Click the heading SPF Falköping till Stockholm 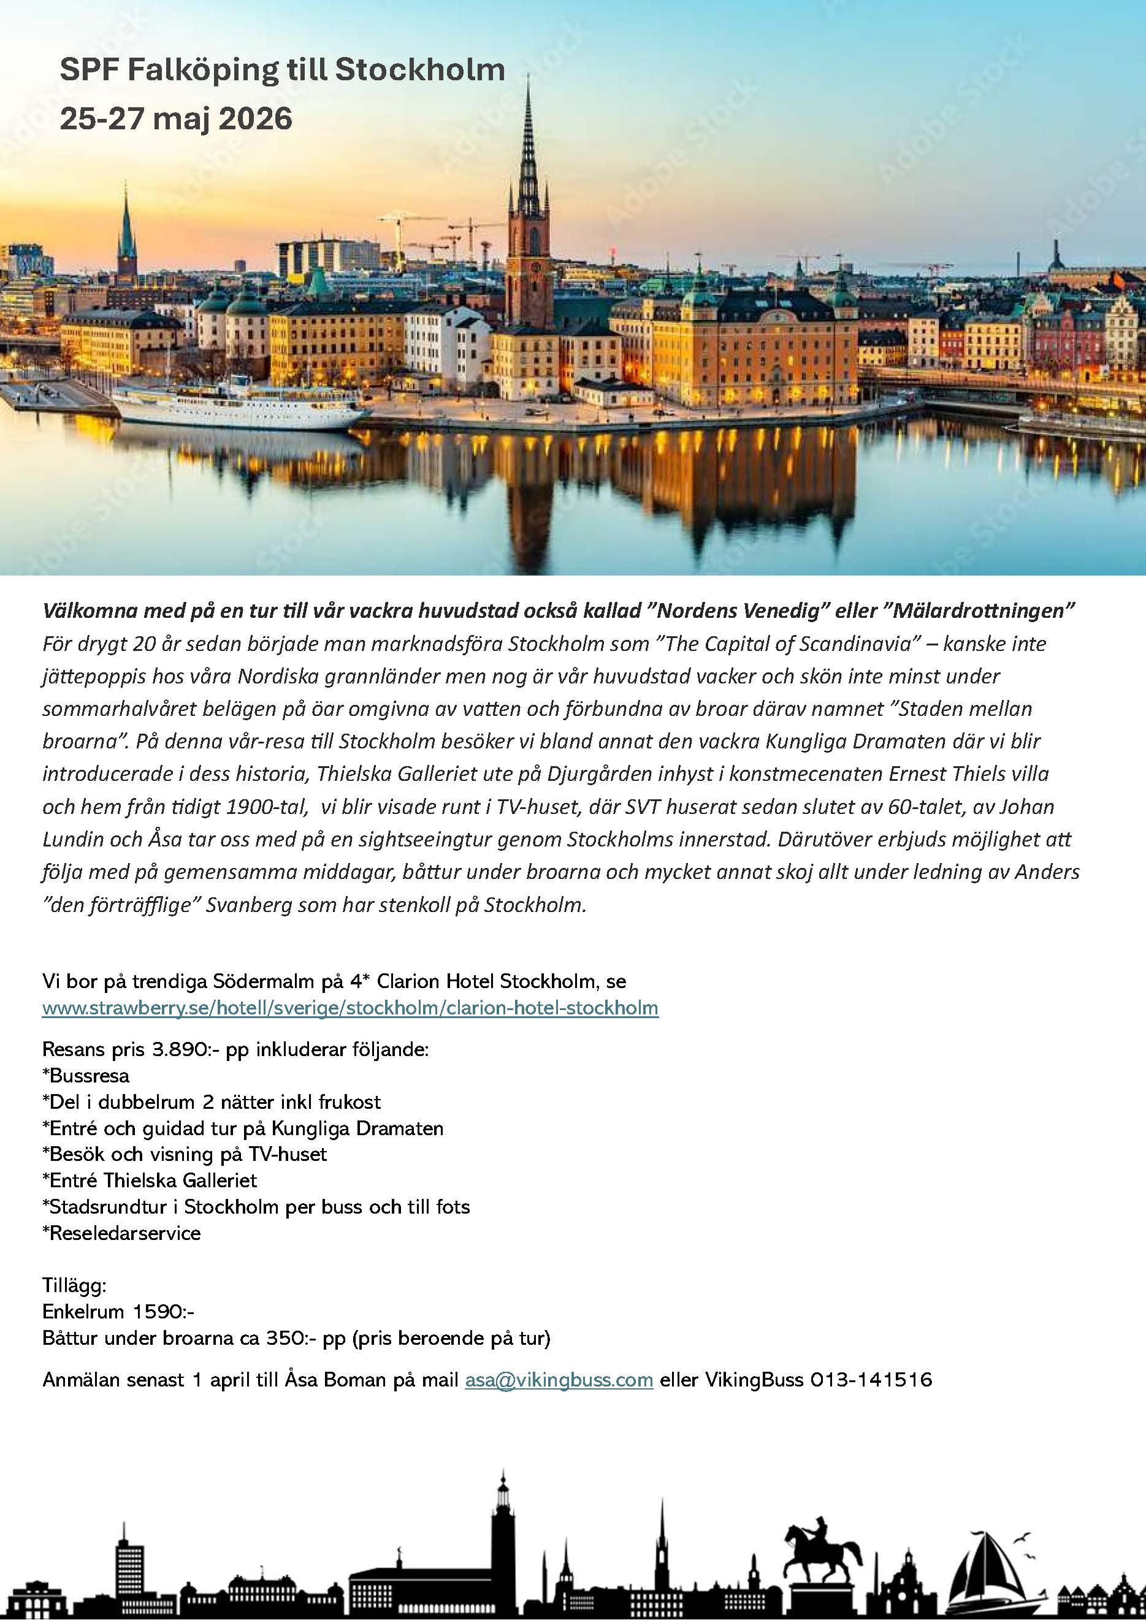click(x=281, y=70)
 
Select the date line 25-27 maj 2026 click(x=176, y=118)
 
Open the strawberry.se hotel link click(x=350, y=1008)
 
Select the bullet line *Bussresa click(x=86, y=1075)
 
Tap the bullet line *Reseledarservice click(x=121, y=1233)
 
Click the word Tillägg click(x=74, y=1285)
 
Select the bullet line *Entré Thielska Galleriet click(x=150, y=1181)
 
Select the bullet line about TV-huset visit click(x=185, y=1154)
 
